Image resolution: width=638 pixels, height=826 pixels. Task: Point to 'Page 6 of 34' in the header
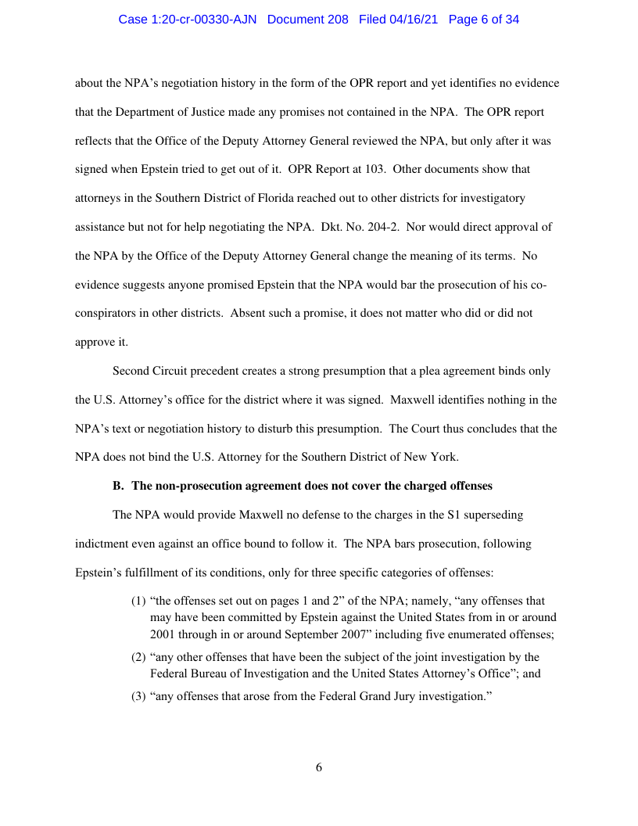484,20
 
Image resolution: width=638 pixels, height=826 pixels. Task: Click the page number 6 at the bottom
319,767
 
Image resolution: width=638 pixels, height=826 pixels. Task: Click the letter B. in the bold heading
119,486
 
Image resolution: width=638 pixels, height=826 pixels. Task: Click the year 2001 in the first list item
163,634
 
